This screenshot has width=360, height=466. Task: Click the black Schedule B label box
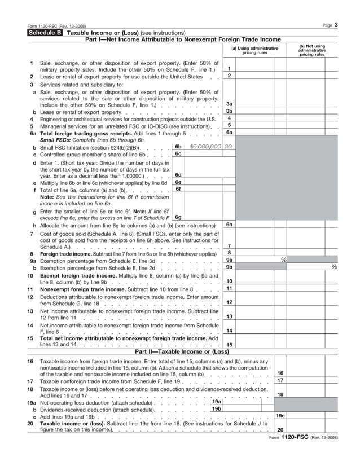pyautogui.click(x=46, y=33)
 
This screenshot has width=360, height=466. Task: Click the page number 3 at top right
pyautogui.click(x=336, y=25)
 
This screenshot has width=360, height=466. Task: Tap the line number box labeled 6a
pyautogui.click(x=229, y=133)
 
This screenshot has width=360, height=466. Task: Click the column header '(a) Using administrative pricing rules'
pyautogui.click(x=254, y=51)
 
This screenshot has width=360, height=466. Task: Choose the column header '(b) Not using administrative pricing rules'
pyautogui.click(x=312, y=50)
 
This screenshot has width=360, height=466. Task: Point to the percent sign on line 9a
pyautogui.click(x=283, y=260)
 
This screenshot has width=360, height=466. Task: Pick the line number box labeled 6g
pyautogui.click(x=178, y=217)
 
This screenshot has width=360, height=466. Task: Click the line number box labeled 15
pyautogui.click(x=229, y=344)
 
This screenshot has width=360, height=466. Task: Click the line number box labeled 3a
pyautogui.click(x=229, y=104)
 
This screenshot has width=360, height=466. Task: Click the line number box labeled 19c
pyautogui.click(x=280, y=416)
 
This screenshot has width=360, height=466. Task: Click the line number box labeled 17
pyautogui.click(x=280, y=380)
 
